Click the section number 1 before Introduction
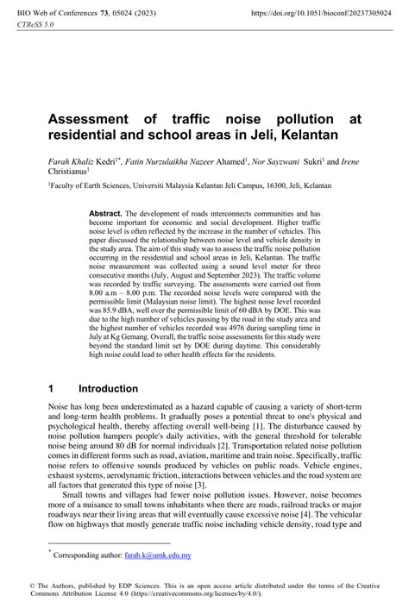coord(53,389)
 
